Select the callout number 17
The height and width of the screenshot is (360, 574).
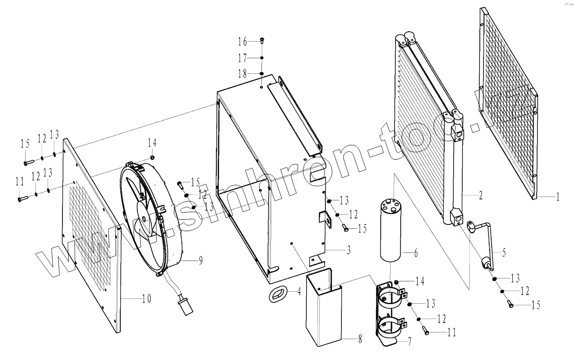point(242,58)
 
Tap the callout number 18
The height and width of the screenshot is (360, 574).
point(242,73)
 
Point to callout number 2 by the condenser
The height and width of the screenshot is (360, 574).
point(480,196)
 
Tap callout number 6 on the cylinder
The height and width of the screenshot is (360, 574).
point(416,253)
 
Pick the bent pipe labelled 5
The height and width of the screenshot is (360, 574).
point(488,237)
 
